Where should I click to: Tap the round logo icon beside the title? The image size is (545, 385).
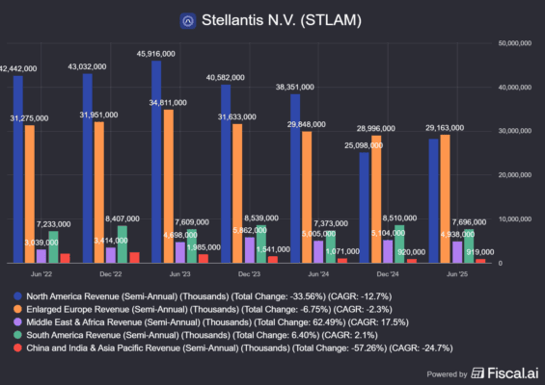pos(189,19)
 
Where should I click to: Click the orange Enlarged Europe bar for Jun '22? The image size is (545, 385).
pos(29,193)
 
